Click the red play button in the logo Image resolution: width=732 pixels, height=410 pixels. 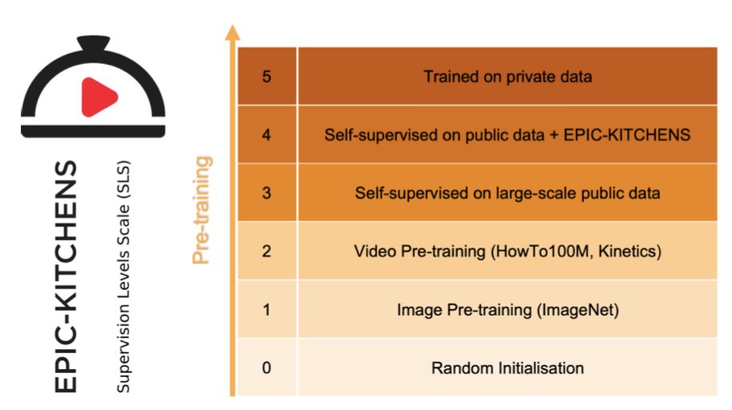[97, 98]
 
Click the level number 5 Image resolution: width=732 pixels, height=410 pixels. [267, 77]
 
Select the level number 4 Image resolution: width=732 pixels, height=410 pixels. [267, 135]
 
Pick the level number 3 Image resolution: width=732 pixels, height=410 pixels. [267, 193]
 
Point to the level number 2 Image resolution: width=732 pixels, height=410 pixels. [267, 251]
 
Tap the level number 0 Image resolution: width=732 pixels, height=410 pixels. [267, 368]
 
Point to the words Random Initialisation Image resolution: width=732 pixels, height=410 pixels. [508, 368]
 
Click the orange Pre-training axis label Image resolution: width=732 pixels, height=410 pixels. [203, 210]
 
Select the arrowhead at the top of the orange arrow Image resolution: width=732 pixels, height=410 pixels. [232, 33]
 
